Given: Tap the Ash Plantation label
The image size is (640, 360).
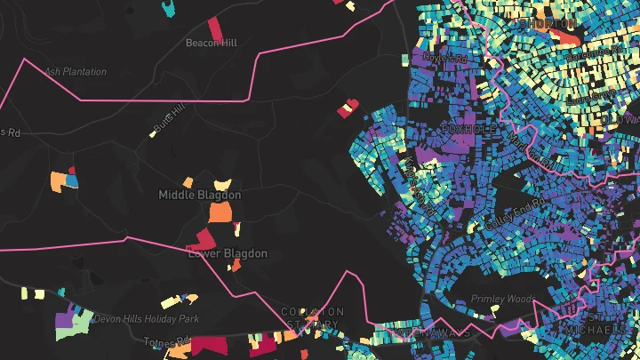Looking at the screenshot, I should coord(75,72).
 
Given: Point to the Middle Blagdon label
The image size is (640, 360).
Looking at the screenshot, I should coord(199,195).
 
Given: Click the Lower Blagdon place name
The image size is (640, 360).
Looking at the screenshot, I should coord(228,253).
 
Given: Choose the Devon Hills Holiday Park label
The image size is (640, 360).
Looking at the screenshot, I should coord(133,318).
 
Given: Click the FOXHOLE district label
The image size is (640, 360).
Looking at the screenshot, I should coord(466,130).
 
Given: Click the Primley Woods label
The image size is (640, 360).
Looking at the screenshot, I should coord(499,299).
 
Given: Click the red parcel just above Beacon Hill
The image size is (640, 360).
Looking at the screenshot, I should coord(214,26).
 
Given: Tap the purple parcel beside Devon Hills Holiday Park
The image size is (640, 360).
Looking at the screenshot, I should coord(65,317).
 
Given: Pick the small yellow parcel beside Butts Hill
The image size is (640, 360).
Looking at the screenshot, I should coord(152,134).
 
